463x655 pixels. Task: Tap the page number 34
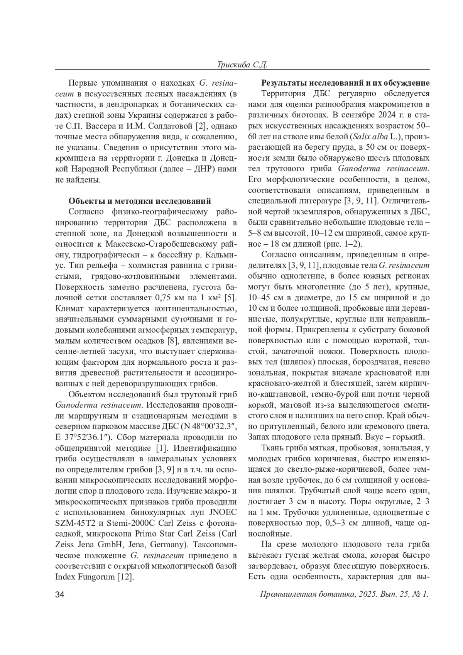60,594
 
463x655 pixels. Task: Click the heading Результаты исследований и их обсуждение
346,83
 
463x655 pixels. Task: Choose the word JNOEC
221,512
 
